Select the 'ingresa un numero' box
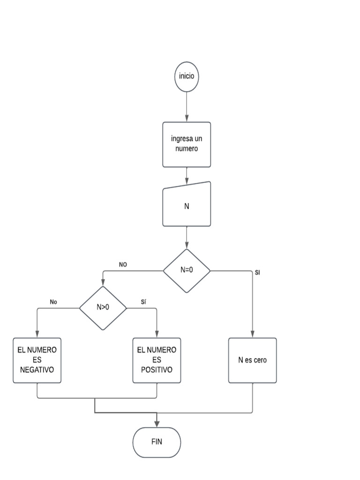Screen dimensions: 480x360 (x=187, y=144)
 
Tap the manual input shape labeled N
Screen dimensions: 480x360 (x=187, y=205)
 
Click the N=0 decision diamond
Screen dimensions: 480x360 (x=187, y=270)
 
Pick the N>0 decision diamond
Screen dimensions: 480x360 (x=103, y=308)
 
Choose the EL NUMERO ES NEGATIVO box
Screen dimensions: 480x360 (x=37, y=360)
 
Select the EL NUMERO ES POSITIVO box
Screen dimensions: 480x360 (x=157, y=360)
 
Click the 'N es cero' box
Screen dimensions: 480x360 (x=253, y=360)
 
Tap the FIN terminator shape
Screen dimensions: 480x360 (x=157, y=442)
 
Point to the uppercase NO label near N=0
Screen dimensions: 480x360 (x=123, y=265)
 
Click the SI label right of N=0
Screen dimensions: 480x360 (x=257, y=273)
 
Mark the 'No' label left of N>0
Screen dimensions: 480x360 (x=53, y=302)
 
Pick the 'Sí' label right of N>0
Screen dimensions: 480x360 (x=143, y=302)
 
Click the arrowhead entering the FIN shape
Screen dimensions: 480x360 (x=157, y=423)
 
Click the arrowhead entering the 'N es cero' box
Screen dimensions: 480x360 (x=253, y=334)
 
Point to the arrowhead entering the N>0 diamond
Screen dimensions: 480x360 (x=103, y=283)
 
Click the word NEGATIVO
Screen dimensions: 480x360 (x=37, y=370)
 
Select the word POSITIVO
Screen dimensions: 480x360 (x=157, y=370)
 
